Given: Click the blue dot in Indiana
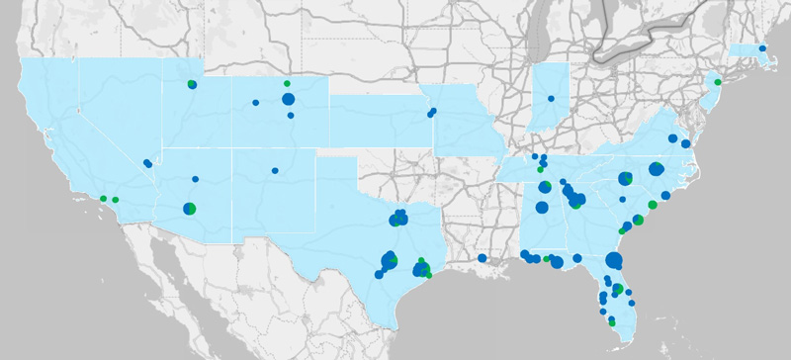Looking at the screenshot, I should [x=551, y=98].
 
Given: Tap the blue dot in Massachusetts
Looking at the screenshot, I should [x=762, y=47].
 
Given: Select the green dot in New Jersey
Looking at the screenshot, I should [x=718, y=81].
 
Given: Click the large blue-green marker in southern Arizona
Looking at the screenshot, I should [x=190, y=209].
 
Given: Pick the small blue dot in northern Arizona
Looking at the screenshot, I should [x=196, y=179].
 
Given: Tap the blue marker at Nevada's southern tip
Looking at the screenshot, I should [x=147, y=163].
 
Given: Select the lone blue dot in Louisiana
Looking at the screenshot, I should [x=482, y=258].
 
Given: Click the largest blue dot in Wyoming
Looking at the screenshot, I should [x=288, y=99].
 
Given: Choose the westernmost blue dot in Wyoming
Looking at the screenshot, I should [x=255, y=103].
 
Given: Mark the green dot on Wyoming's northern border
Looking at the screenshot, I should [x=287, y=83].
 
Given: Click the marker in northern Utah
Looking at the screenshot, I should [x=192, y=85].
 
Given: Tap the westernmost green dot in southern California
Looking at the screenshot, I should [x=103, y=199].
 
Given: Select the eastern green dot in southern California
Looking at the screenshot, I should [x=116, y=201].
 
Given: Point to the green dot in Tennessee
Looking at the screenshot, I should [x=540, y=169].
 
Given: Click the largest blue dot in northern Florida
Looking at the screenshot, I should [x=613, y=261].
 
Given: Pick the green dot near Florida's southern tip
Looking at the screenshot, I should [x=612, y=323].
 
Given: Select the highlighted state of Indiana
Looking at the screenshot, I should [x=550, y=109].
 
